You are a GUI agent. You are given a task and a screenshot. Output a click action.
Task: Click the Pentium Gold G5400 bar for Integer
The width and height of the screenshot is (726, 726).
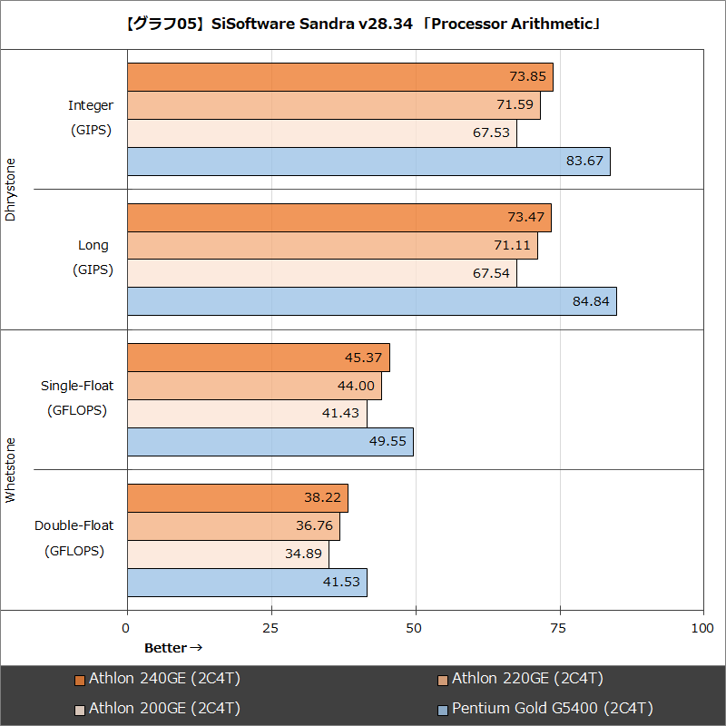click(x=368, y=162)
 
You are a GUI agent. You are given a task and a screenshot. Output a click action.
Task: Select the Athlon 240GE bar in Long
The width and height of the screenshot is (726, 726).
click(x=338, y=218)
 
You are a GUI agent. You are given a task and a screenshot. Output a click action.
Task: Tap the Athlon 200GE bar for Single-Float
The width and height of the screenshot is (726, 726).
click(x=247, y=414)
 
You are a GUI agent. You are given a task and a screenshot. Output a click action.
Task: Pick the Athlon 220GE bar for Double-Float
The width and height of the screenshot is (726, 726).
click(x=233, y=526)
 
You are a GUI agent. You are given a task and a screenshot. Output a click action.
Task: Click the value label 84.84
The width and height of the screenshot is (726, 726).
click(x=591, y=302)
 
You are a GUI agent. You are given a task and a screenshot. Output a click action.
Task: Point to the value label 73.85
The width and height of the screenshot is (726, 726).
click(x=528, y=78)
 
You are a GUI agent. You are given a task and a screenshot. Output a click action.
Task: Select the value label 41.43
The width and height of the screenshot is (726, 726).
click(x=341, y=414)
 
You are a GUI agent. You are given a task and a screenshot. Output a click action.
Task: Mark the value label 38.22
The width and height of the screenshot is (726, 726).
click(x=322, y=498)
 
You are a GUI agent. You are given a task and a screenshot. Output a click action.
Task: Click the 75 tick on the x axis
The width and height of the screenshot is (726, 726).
click(x=560, y=628)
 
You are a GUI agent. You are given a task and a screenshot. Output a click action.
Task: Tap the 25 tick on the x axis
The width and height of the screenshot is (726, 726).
click(x=271, y=628)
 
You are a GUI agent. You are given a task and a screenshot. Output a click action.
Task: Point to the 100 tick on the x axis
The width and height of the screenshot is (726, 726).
click(x=702, y=628)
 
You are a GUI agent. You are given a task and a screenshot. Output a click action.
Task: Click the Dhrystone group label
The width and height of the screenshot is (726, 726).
click(x=11, y=190)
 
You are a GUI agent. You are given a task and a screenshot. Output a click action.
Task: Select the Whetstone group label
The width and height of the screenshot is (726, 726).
click(x=11, y=470)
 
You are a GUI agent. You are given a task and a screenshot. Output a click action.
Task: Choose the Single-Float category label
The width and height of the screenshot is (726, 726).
click(x=77, y=386)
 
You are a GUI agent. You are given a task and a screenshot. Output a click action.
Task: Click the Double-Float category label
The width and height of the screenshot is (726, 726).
click(x=74, y=525)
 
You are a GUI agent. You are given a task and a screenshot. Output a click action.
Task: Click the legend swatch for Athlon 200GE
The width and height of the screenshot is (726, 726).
click(x=80, y=709)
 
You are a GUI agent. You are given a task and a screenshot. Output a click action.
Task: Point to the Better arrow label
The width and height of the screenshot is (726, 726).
click(x=172, y=648)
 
